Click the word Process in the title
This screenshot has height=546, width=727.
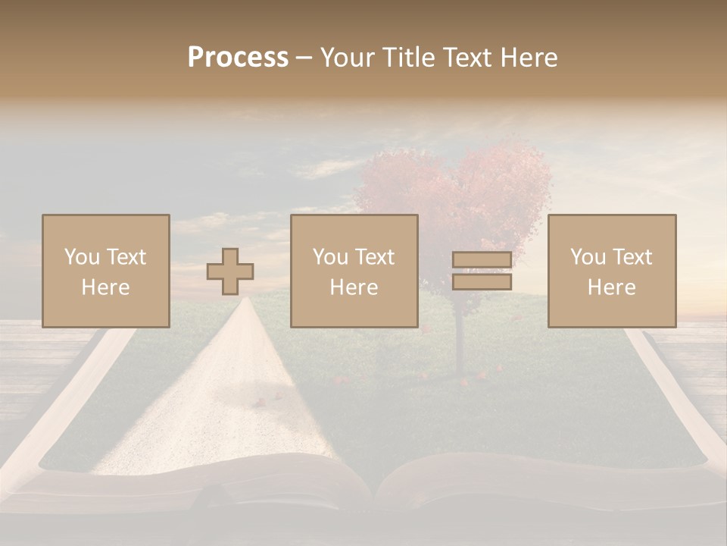[x=238, y=58]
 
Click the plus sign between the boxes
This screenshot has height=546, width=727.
[x=230, y=271]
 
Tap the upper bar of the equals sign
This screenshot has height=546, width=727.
[x=482, y=260]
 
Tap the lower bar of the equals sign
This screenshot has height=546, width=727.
[x=482, y=282]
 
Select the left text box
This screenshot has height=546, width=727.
[x=106, y=271]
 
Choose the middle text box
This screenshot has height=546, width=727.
[x=354, y=271]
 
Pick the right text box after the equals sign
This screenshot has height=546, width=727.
[x=612, y=271]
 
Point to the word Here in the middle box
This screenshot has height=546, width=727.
[x=354, y=287]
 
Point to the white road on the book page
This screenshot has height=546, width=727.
[x=220, y=394]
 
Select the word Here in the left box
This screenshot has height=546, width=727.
[x=106, y=287]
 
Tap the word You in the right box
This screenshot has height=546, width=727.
[x=588, y=257]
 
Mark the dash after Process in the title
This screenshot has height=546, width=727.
[x=304, y=58]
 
